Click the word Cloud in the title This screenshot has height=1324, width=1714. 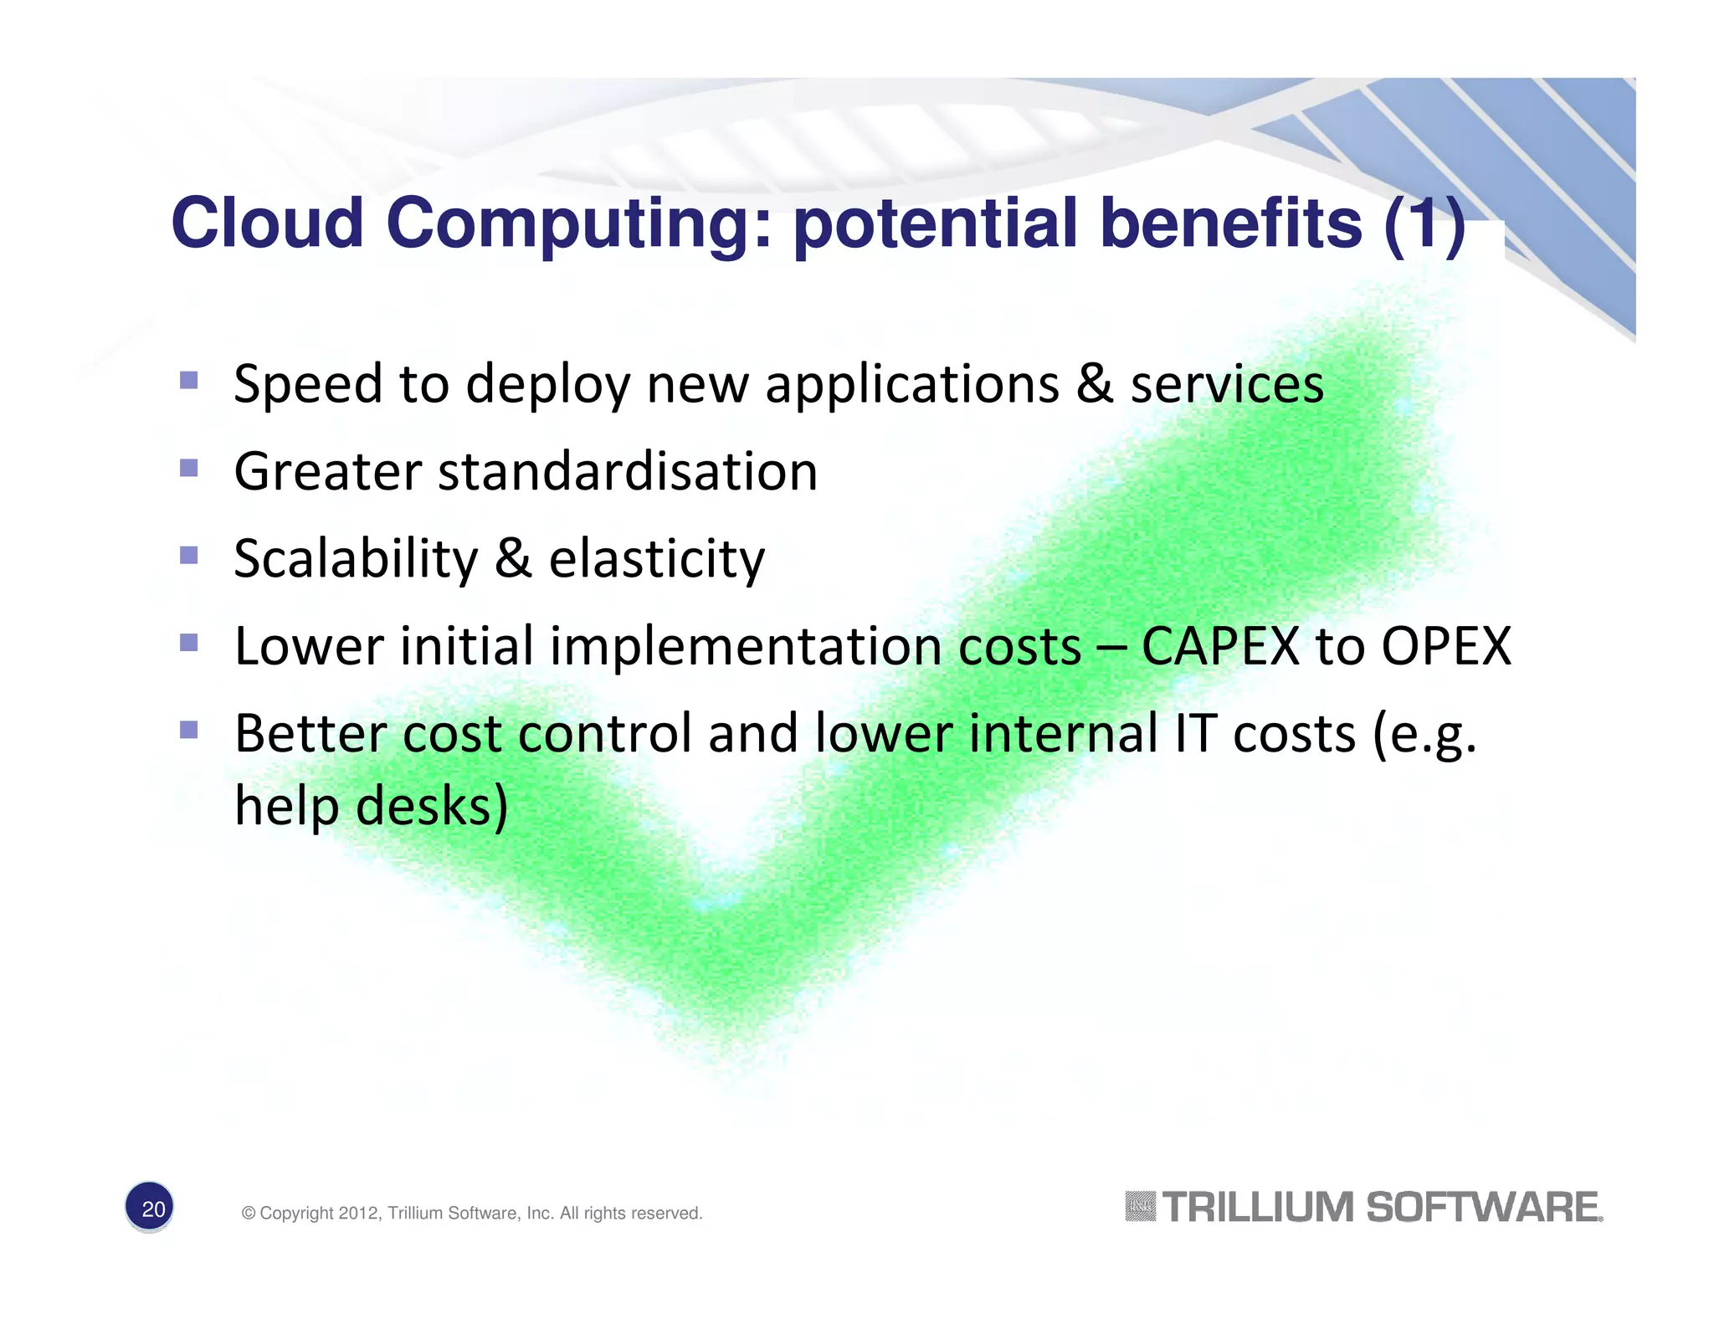point(267,223)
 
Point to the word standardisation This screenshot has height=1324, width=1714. point(627,471)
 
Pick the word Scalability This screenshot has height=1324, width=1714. point(356,559)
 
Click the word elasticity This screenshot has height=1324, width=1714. point(657,559)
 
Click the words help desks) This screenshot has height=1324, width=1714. point(371,806)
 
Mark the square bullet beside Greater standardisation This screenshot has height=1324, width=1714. point(189,467)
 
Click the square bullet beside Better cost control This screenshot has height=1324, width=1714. point(189,730)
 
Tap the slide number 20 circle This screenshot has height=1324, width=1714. point(151,1208)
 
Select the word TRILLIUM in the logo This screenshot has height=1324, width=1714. point(1258,1208)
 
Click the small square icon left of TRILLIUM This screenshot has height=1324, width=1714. point(1140,1206)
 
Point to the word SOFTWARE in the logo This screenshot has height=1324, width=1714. point(1483,1208)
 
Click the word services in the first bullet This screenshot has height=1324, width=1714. point(1227,385)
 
